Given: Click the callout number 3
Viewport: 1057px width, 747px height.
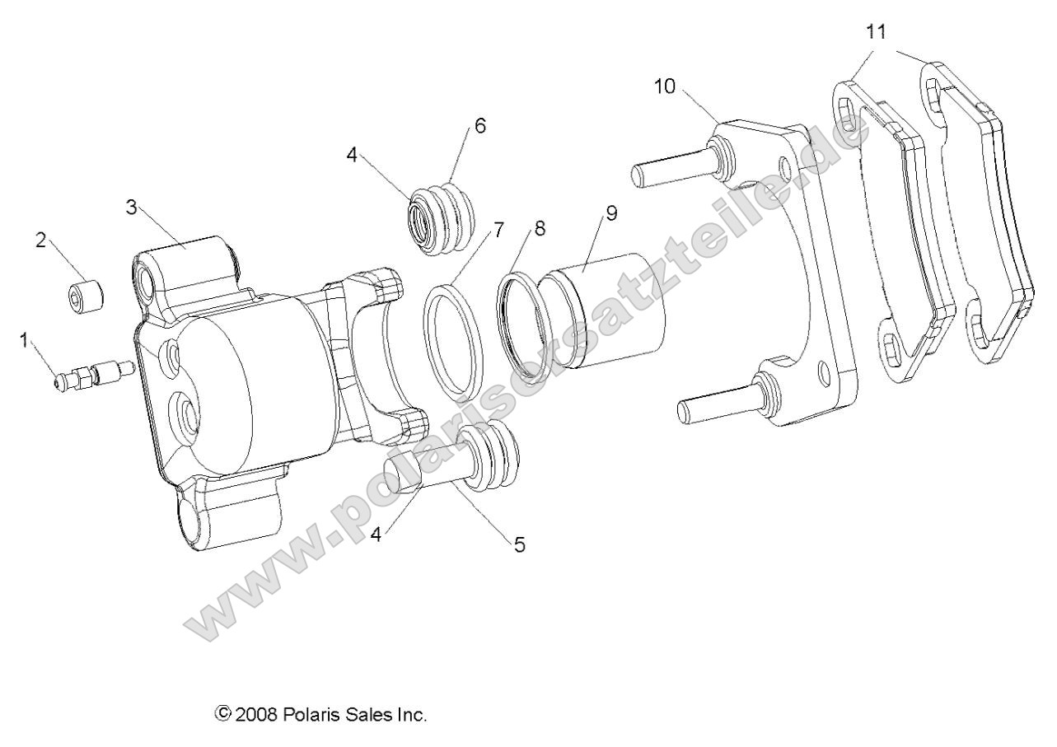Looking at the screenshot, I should coord(131,207).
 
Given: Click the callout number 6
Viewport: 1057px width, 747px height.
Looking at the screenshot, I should coord(480,125).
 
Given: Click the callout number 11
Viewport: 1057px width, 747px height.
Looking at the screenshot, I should coord(876,32).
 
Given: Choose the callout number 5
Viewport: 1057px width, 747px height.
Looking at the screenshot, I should coord(519,544).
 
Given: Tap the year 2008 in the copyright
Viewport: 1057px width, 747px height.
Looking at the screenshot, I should coord(257,714).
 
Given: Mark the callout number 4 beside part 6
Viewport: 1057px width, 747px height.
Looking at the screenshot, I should coord(353,154).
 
